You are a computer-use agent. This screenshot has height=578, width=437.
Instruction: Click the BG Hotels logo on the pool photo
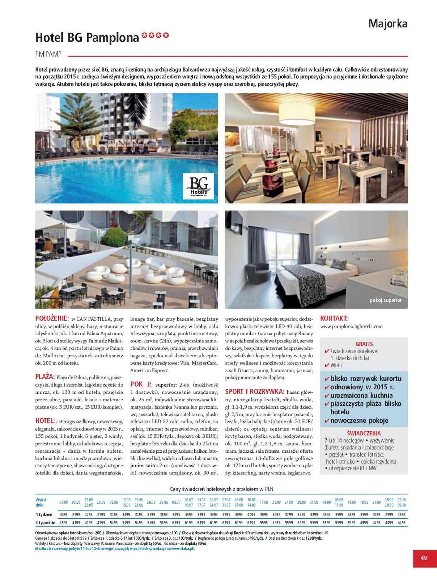pos(198,186)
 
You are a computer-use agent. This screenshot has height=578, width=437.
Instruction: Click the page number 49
pos(424,558)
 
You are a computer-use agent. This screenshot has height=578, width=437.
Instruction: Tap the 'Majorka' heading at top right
pos(388,24)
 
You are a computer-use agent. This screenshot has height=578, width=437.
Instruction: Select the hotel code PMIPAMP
pos(48,55)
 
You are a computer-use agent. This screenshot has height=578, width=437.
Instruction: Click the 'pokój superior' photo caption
pos(385,300)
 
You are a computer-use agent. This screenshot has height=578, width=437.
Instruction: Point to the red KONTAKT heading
pos(334,318)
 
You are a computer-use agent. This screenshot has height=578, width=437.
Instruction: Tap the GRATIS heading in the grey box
pos(364,344)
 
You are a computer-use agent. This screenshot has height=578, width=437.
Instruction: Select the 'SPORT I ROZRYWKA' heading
pos(255,392)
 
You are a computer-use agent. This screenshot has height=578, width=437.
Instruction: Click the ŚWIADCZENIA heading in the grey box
pos(364,433)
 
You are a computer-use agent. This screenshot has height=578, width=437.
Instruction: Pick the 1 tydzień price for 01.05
pos(64,514)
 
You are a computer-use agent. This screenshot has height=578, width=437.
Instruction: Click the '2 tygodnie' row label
pos(45,522)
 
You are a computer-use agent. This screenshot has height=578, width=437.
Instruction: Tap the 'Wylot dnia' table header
pos(41,502)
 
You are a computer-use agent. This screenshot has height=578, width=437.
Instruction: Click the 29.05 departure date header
pos(101,502)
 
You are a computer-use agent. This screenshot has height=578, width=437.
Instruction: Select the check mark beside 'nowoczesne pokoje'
pos(327,421)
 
